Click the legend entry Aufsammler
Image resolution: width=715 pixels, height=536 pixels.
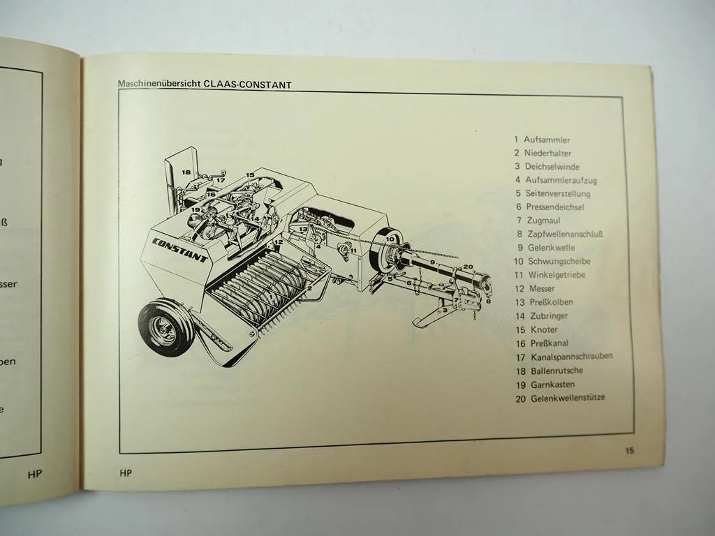pyautogui.click(x=547, y=140)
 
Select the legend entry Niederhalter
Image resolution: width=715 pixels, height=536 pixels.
pyautogui.click(x=547, y=153)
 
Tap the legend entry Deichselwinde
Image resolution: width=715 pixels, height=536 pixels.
pyautogui.click(x=552, y=166)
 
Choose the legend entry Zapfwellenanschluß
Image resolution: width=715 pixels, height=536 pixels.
pyautogui.click(x=564, y=234)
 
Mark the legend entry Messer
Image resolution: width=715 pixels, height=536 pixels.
pyautogui.click(x=540, y=288)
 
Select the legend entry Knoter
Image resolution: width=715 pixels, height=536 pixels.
pyautogui.click(x=540, y=329)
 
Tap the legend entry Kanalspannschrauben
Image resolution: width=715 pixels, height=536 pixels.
pyautogui.click(x=571, y=356)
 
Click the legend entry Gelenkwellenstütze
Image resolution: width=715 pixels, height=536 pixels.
pyautogui.click(x=568, y=398)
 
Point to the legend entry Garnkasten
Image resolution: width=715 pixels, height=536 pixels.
pyautogui.click(x=554, y=384)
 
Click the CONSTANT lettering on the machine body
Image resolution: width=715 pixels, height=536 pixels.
pyautogui.click(x=179, y=249)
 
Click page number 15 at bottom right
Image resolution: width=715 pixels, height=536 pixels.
pyautogui.click(x=630, y=451)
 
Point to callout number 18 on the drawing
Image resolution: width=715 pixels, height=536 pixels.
pyautogui.click(x=186, y=172)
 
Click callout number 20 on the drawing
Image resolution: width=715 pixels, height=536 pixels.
pyautogui.click(x=468, y=266)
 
